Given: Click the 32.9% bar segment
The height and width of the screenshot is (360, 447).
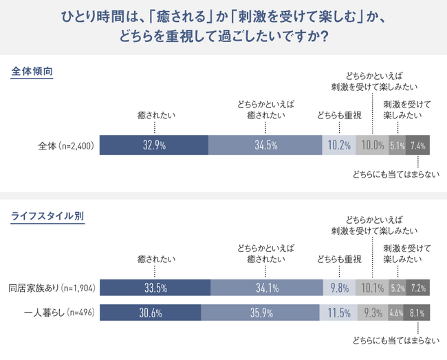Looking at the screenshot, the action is point(153,145).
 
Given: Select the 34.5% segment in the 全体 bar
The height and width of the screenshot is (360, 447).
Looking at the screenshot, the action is point(265,145).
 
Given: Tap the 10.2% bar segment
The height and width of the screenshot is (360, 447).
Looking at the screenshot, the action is point(339,145).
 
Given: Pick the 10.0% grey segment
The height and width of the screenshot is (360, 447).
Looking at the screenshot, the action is point(372,145).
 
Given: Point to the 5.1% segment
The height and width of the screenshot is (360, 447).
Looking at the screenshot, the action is point(397,145).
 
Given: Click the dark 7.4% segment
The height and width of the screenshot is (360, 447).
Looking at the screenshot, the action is point(417,145).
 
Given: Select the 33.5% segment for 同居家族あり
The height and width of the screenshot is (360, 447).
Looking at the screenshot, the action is point(155,288).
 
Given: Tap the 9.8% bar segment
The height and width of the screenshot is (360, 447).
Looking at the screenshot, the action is point(339,288).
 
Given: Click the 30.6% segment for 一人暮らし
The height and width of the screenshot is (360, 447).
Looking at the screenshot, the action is point(150,313).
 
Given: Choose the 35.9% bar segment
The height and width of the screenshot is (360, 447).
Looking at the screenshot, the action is point(260,313).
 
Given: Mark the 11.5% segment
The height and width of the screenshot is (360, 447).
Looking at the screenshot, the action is point(338,313).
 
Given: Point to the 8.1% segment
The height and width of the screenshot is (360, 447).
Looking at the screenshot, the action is point(417,313).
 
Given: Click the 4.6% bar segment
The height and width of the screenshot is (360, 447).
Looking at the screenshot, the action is point(395,313).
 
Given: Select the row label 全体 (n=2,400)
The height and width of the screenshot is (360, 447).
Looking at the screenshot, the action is point(66,146).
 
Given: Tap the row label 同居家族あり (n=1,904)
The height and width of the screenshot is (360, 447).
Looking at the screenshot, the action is point(52,288).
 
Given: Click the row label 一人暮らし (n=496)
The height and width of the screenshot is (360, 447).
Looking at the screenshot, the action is point(59,313).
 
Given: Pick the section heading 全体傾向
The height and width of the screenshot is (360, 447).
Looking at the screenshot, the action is point(32,72).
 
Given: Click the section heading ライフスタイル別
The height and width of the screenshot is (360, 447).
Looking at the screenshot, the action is point(47,216).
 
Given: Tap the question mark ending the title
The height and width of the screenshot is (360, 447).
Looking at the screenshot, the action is point(324,36).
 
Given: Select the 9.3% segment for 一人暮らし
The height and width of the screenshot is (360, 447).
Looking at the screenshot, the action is point(373,313).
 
